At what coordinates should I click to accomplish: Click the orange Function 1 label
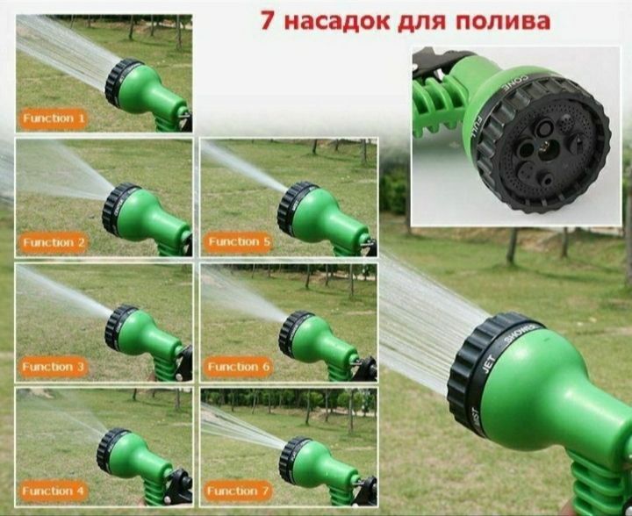[x=54, y=118]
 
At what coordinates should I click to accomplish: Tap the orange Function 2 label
[x=54, y=242]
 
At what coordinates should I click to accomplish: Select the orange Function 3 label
[x=54, y=367]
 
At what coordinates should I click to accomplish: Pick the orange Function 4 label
[x=54, y=491]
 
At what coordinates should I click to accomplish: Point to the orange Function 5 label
[x=234, y=241]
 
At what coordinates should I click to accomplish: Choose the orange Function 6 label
[x=234, y=367]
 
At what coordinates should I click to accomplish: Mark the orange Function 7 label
[x=234, y=491]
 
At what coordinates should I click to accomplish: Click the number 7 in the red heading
[x=268, y=19]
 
